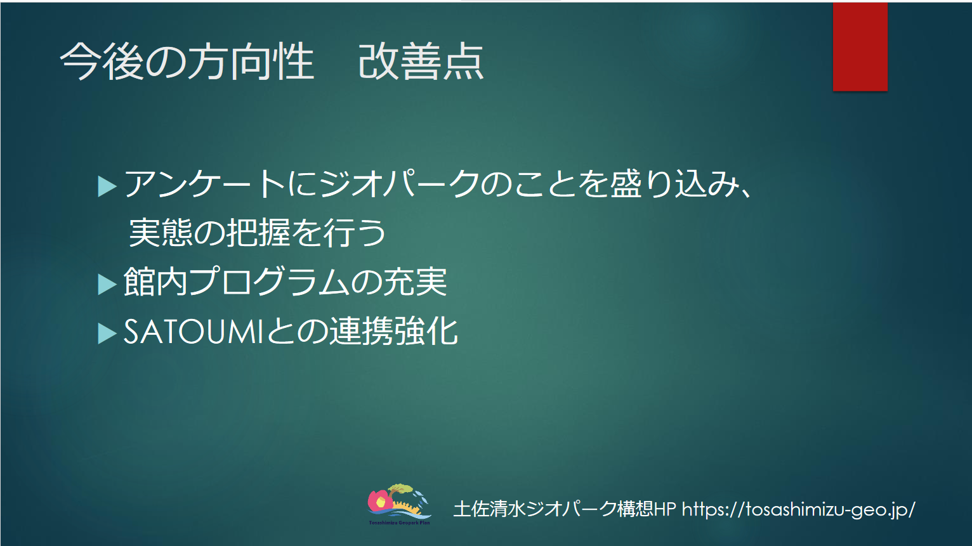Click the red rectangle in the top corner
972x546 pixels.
click(x=860, y=46)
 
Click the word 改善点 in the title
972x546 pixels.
click(x=421, y=62)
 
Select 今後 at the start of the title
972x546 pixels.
click(x=102, y=62)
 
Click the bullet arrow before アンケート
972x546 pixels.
click(x=107, y=186)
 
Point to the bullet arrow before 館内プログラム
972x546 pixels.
click(x=107, y=285)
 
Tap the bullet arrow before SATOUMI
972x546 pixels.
click(x=107, y=334)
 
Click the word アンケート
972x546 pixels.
click(x=204, y=184)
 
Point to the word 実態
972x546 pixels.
click(x=161, y=233)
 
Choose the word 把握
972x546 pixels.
click(x=258, y=233)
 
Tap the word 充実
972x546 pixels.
click(x=415, y=282)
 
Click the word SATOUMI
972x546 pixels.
click(x=194, y=332)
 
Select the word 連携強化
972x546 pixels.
click(x=393, y=331)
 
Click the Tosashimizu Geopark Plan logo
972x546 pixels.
click(x=399, y=505)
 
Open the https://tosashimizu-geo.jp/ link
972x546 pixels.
click(x=798, y=509)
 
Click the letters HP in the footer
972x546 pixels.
click(x=665, y=509)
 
